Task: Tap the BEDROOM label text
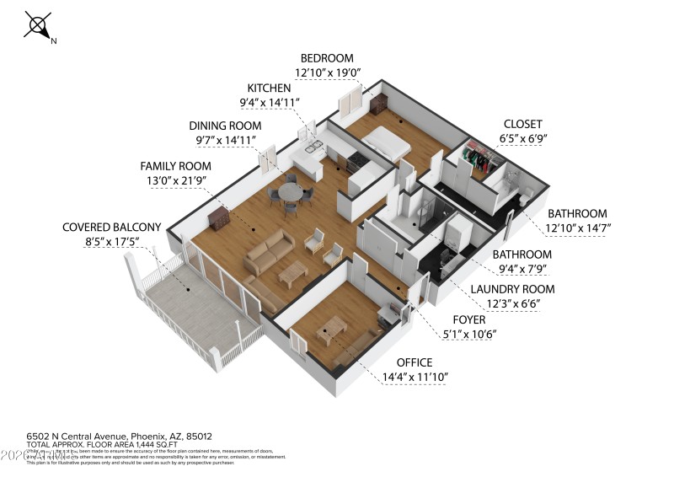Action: pyautogui.click(x=326, y=58)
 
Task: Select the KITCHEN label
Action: pyautogui.click(x=269, y=88)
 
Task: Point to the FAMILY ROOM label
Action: pyautogui.click(x=175, y=166)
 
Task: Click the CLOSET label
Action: pyautogui.click(x=523, y=123)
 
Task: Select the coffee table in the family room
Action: pyautogui.click(x=292, y=271)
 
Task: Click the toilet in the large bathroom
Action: pyautogui.click(x=522, y=195)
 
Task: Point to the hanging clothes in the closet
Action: pyautogui.click(x=478, y=157)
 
